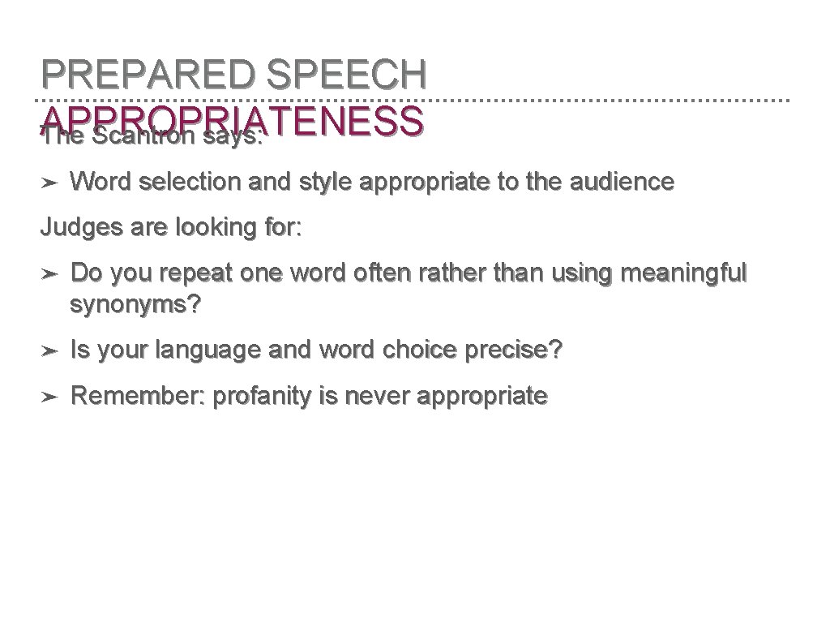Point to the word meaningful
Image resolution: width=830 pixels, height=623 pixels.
pos(682,273)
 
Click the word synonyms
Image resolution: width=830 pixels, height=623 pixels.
pos(136,306)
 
